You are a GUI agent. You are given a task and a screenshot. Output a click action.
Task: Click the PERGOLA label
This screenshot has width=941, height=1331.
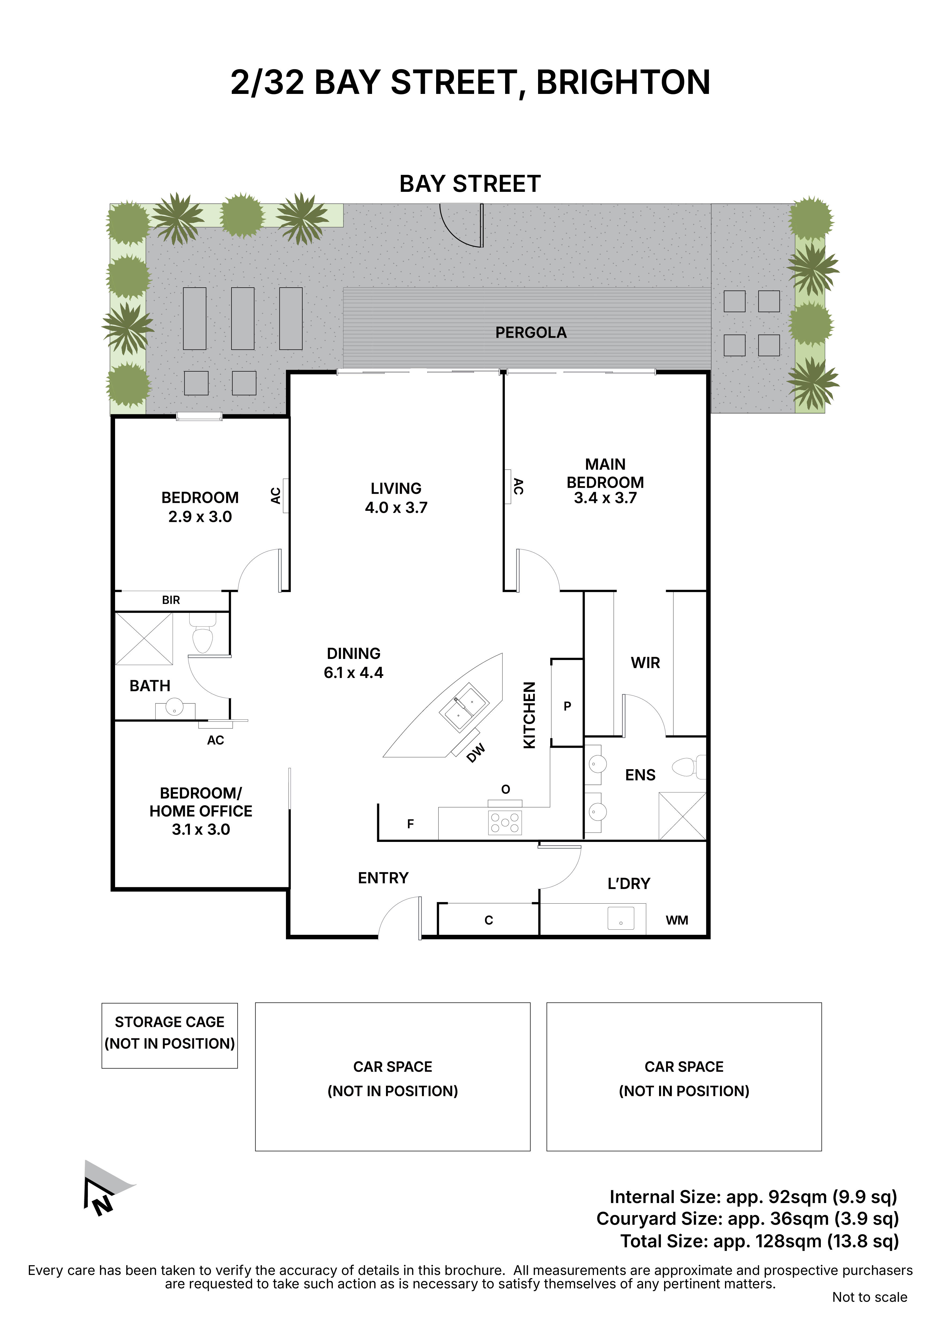pos(531,333)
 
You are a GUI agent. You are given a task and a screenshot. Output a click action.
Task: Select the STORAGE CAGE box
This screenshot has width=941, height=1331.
pos(169,1035)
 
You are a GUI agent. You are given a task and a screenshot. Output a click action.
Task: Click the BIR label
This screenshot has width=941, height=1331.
pos(171,600)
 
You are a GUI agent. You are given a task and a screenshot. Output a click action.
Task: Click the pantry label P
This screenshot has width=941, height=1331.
pos(567,706)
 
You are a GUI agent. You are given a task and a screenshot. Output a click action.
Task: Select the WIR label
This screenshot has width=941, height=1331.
pos(645,663)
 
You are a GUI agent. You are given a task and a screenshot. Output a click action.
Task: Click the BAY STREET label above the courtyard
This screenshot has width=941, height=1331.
pos(470,184)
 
